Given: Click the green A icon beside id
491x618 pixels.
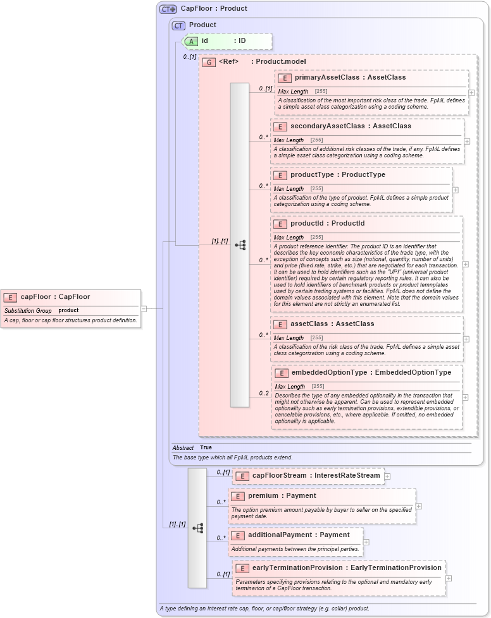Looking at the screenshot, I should [x=191, y=41].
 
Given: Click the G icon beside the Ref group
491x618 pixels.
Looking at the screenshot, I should [x=209, y=62].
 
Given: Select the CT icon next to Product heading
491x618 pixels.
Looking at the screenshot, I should [x=179, y=25].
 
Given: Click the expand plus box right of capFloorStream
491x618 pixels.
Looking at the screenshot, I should [x=387, y=476].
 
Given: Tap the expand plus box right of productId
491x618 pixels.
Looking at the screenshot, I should [x=466, y=264].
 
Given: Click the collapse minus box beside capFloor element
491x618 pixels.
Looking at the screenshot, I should [x=144, y=308].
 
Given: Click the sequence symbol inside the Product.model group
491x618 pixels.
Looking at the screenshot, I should [x=240, y=245].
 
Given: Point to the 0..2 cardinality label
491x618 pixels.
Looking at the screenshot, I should [x=264, y=393].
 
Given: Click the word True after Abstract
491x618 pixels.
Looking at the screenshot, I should [x=206, y=447].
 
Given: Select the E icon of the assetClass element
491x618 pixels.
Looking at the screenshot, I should [x=280, y=324].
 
